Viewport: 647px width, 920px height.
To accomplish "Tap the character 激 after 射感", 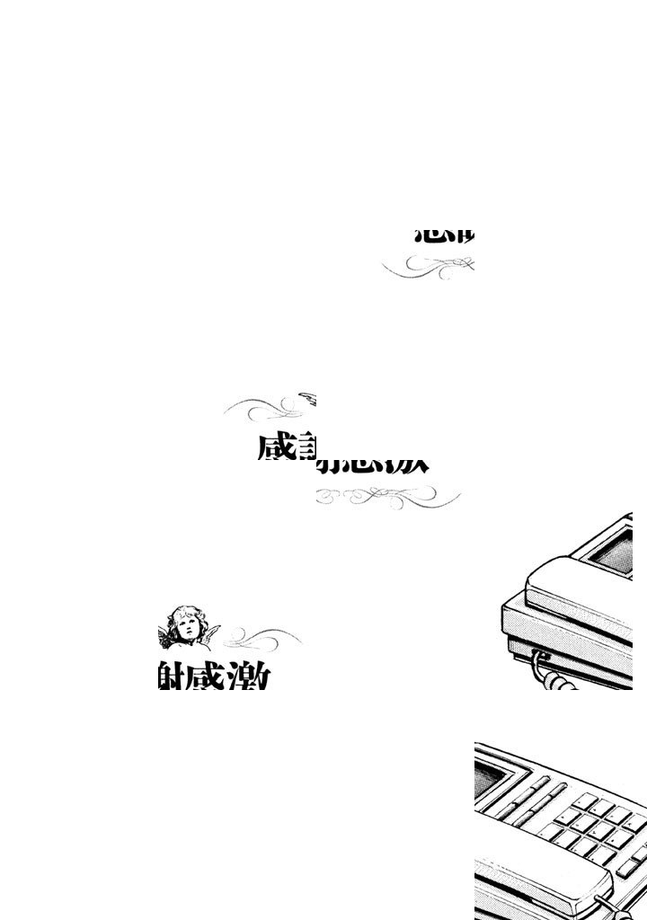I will [248, 676].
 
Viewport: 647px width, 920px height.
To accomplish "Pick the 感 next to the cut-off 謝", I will [276, 447].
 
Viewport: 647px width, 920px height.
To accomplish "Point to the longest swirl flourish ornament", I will [388, 496].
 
